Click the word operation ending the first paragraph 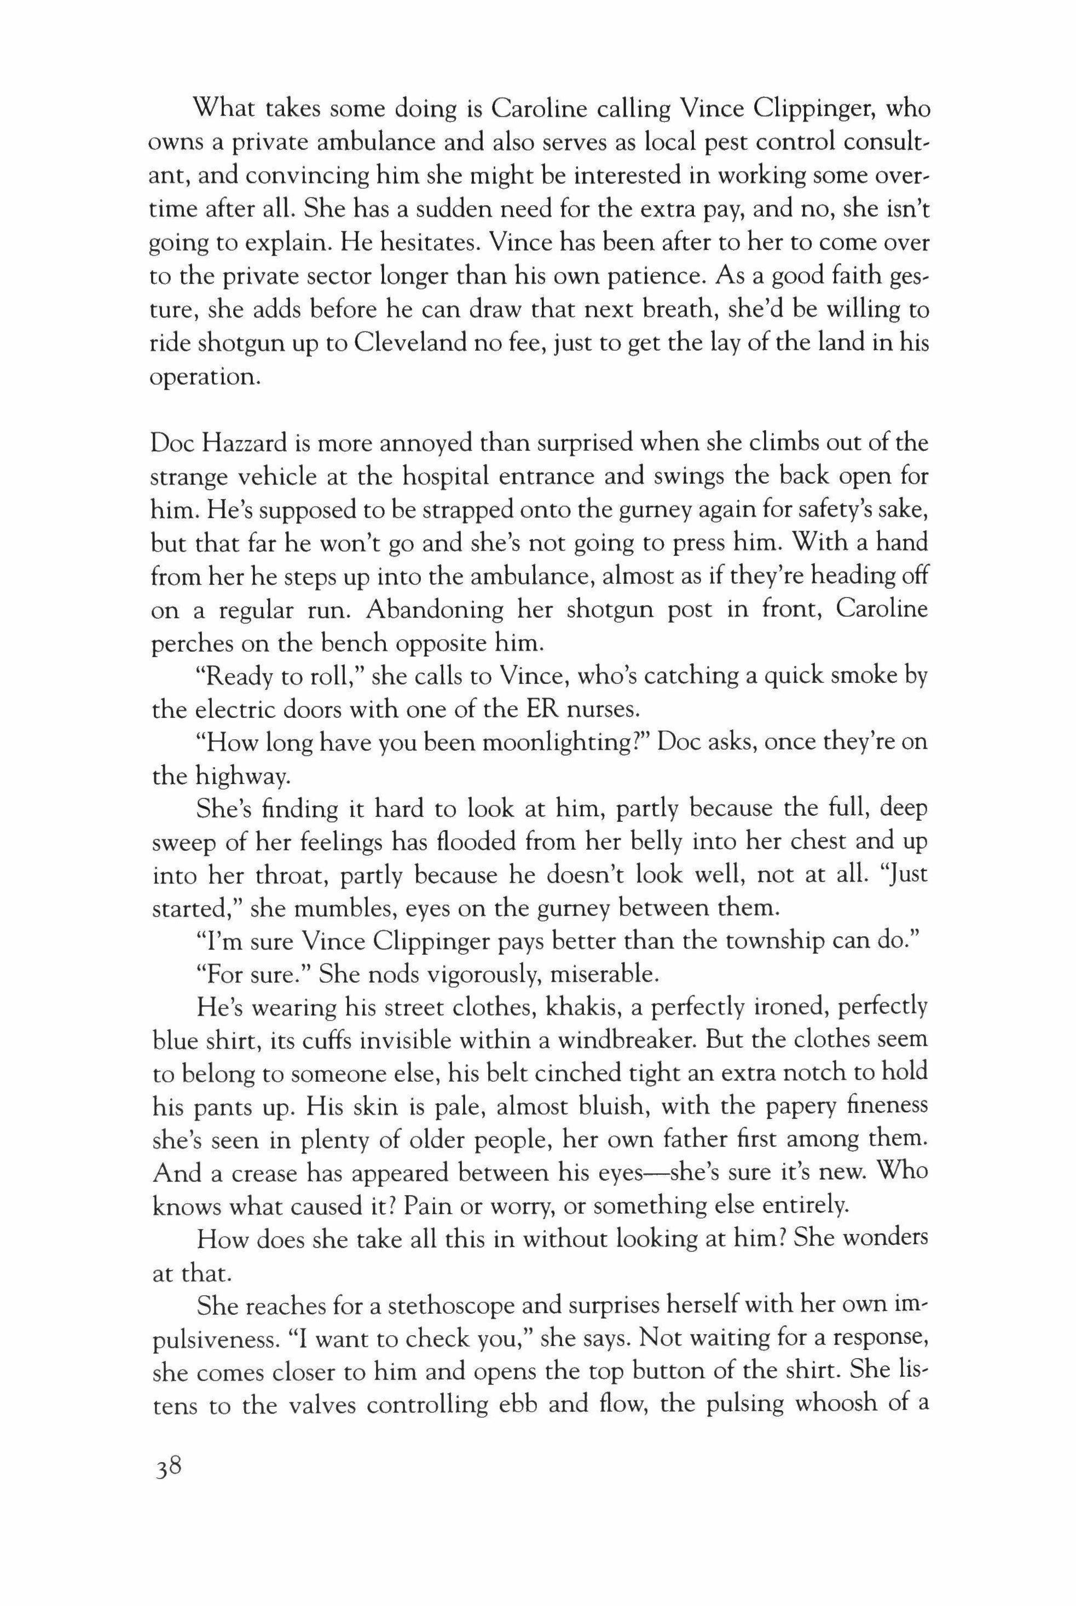coord(205,376)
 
